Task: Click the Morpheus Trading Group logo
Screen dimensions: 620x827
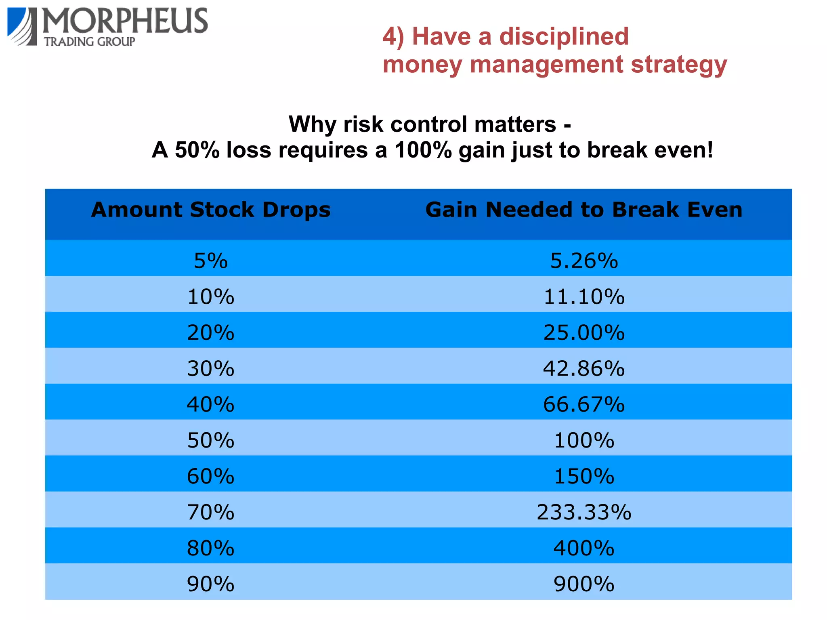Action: [107, 27]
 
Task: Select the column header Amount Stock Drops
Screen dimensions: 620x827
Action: [211, 210]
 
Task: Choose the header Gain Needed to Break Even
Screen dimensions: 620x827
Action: [584, 210]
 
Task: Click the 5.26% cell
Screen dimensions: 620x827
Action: [584, 261]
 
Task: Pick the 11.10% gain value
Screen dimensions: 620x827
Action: [584, 296]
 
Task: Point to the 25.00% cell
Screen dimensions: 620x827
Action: [584, 332]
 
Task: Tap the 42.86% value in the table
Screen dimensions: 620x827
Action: [584, 368]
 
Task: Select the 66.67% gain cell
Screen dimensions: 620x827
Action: [584, 404]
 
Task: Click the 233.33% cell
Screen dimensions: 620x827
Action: [584, 512]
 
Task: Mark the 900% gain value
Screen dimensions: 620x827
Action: [584, 584]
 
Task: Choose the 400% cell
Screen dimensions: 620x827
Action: [584, 548]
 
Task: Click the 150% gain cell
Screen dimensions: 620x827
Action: [584, 476]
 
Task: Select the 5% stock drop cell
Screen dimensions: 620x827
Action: [211, 261]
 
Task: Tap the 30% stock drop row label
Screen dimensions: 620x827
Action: [211, 368]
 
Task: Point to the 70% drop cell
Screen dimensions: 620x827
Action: [211, 512]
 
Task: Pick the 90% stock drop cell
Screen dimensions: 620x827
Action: [211, 584]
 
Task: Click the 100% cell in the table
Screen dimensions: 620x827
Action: [584, 440]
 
